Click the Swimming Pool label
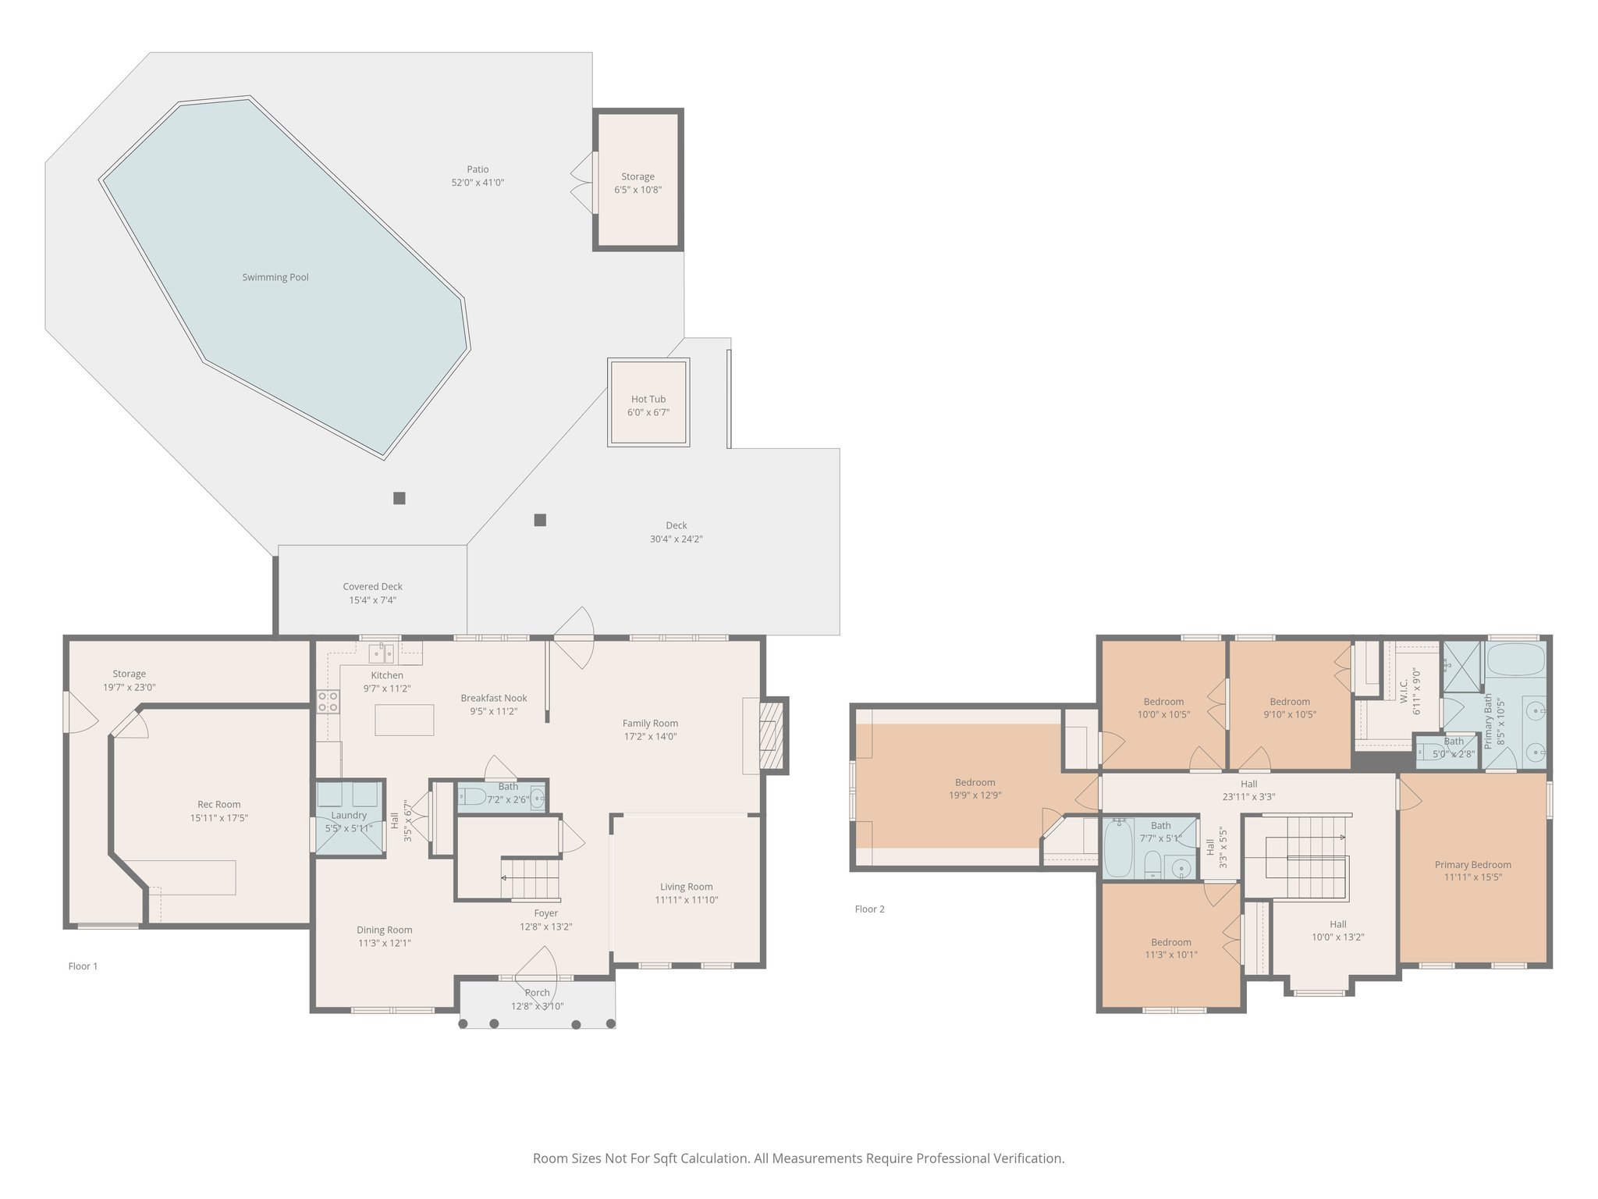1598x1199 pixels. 275,277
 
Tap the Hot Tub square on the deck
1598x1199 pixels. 648,402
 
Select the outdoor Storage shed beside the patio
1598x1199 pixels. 638,180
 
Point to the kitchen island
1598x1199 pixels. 404,720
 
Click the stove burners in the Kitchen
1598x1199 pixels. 328,702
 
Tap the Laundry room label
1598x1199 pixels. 349,815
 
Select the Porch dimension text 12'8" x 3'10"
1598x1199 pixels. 538,1006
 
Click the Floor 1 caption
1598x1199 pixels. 83,966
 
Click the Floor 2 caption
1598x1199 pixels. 870,909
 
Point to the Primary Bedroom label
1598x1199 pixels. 1473,865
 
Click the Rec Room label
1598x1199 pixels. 219,804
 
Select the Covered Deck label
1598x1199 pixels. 373,587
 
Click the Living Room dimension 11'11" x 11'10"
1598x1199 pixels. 686,900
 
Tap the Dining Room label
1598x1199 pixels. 385,930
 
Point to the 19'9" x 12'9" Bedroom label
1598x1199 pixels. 975,782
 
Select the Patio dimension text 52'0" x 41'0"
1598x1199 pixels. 478,183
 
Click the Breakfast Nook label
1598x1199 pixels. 494,698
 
